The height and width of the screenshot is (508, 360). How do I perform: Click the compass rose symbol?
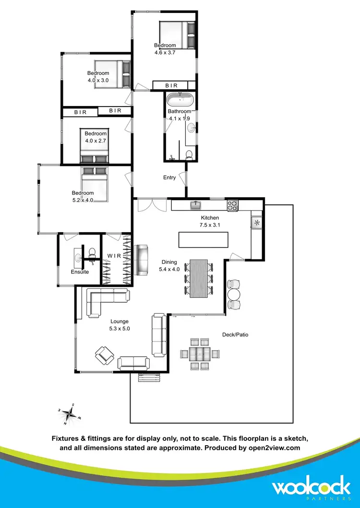click(x=69, y=414)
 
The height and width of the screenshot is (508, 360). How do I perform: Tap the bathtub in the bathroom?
click(x=180, y=100)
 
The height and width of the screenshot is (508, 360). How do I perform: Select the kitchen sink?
click(x=196, y=206)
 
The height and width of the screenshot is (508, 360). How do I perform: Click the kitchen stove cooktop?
click(x=232, y=206)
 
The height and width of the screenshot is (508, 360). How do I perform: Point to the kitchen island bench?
click(x=203, y=239)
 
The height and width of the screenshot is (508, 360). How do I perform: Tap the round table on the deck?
click(x=233, y=294)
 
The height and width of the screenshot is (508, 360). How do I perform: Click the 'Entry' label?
click(x=169, y=177)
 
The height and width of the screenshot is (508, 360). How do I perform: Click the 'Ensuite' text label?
click(x=80, y=272)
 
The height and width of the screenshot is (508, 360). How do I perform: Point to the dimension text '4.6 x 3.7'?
click(x=165, y=53)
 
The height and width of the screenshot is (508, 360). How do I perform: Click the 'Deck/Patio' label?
click(x=235, y=334)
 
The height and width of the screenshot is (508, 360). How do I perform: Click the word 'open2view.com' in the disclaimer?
click(x=276, y=448)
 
